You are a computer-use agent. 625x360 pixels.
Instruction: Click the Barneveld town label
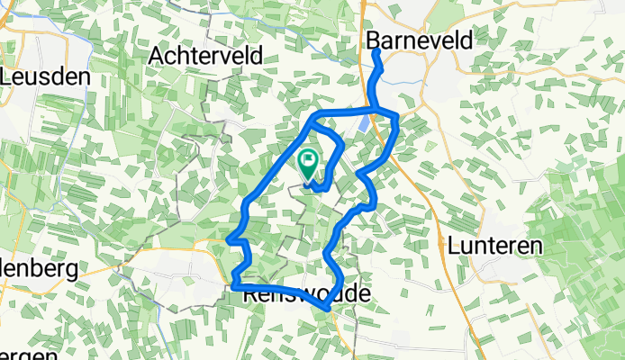click(x=420, y=41)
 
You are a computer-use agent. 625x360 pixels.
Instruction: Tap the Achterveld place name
click(x=207, y=56)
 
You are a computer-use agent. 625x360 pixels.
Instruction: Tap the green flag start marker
click(x=307, y=163)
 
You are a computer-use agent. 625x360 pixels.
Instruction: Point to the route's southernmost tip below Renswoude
click(x=324, y=309)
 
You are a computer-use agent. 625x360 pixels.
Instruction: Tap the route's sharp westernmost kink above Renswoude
click(x=230, y=239)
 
